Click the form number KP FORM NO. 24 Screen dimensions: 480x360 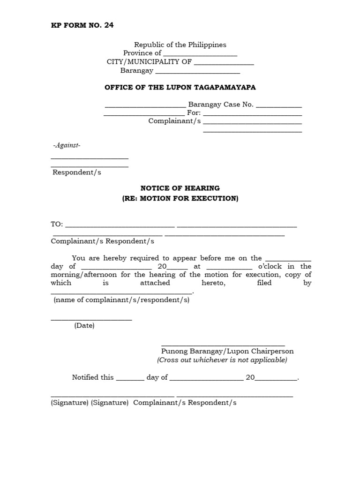[x=82, y=25]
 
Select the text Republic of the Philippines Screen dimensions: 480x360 [x=180, y=45]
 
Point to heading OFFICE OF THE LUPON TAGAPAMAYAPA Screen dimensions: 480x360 [x=180, y=88]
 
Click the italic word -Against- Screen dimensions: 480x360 [x=67, y=146]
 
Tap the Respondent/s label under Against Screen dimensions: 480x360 [x=77, y=172]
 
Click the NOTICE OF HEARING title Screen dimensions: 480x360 [x=180, y=188]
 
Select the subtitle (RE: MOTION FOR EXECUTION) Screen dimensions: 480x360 [x=180, y=198]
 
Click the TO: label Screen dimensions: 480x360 [x=57, y=225]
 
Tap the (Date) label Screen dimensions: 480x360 [x=84, y=326]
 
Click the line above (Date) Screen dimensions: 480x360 [x=91, y=319]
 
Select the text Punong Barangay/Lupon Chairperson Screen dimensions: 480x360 [x=227, y=351]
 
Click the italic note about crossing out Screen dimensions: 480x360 [x=222, y=360]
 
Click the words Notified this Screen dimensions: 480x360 [x=93, y=377]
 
